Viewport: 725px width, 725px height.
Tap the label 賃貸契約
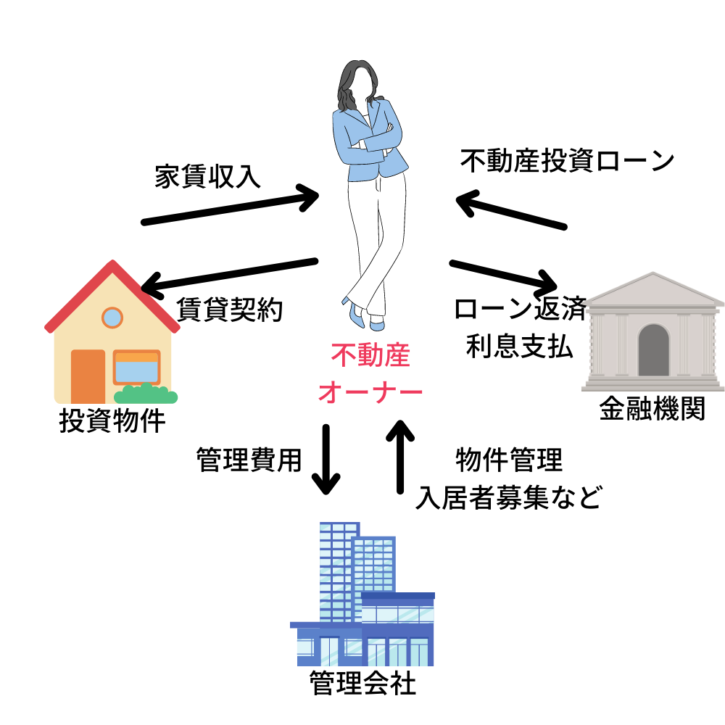(x=230, y=310)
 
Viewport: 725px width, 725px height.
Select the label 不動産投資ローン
(x=568, y=161)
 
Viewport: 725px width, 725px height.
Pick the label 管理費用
(x=249, y=459)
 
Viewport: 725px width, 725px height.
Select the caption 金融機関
(x=652, y=410)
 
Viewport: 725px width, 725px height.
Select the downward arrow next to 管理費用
(x=326, y=460)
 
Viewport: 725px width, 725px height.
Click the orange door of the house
(x=88, y=376)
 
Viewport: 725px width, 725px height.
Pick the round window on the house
(x=112, y=317)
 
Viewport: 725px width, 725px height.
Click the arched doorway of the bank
(x=653, y=349)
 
